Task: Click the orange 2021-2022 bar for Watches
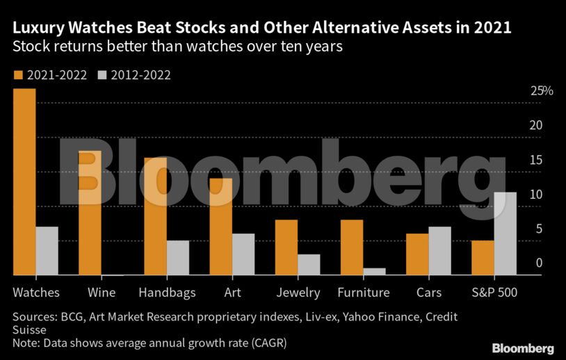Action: tap(24, 182)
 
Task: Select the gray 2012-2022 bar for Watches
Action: tap(47, 251)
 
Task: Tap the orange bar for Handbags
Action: tap(155, 216)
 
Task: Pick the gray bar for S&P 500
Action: tap(506, 234)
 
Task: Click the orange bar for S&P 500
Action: tap(483, 258)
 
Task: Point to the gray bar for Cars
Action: tap(440, 251)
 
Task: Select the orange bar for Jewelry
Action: tap(286, 247)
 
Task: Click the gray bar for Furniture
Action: tap(375, 272)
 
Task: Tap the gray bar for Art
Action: tap(243, 254)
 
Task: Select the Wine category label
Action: tap(102, 293)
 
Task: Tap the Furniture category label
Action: tap(363, 293)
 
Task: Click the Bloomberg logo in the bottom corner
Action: tap(523, 347)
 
